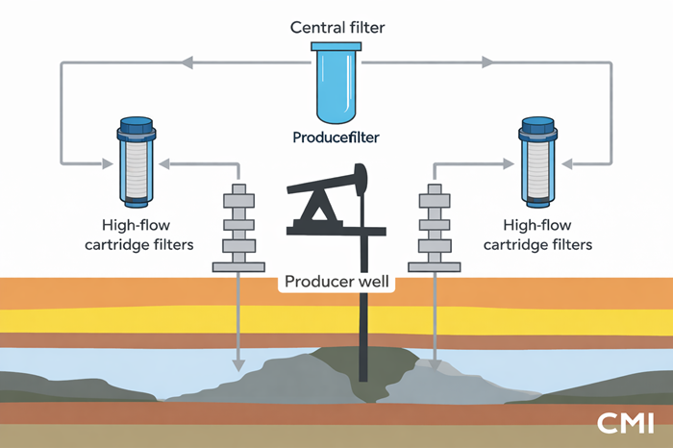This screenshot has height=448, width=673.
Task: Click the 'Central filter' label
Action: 336,26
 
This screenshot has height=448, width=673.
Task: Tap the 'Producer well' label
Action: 336,284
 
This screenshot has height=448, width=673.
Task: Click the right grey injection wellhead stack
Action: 436,226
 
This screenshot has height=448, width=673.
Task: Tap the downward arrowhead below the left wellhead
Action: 237,365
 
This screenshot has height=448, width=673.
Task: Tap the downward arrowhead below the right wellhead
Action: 436,365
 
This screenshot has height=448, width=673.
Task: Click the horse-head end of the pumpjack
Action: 361,177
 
